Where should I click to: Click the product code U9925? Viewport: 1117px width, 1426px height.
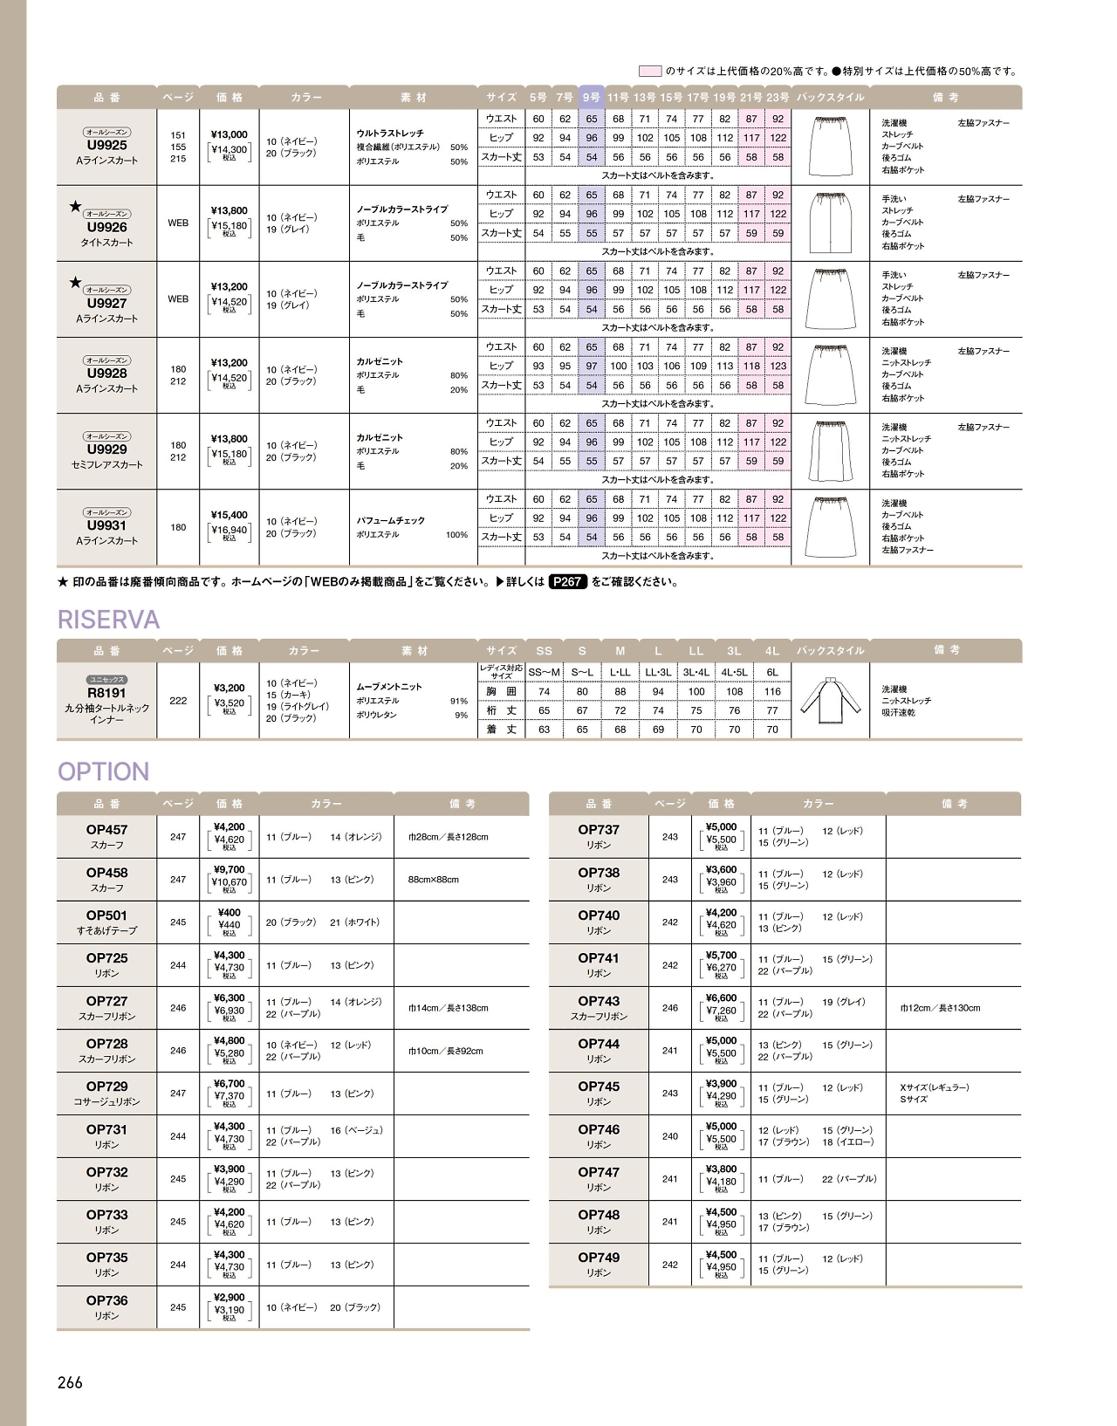point(106,146)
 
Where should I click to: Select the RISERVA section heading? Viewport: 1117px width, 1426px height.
point(108,620)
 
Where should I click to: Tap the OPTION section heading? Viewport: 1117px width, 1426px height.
point(103,771)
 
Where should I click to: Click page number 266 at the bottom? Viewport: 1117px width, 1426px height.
point(70,1382)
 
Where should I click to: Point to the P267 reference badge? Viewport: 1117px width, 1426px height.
point(567,581)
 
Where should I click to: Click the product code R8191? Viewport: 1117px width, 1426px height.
point(106,693)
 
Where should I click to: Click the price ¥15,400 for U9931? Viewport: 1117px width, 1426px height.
point(229,515)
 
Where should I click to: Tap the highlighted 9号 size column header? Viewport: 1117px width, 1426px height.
point(592,97)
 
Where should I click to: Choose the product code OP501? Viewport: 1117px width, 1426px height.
point(106,915)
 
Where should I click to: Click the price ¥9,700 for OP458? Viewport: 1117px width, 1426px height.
point(229,869)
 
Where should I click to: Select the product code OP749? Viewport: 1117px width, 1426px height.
point(599,1258)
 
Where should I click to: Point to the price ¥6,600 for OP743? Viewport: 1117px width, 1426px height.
point(721,998)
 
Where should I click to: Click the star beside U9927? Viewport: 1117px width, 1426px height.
point(75,282)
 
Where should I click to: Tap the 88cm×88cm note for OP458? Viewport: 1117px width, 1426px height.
point(433,880)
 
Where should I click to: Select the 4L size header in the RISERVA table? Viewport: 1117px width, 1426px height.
point(772,651)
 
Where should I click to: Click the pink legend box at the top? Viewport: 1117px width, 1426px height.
point(650,71)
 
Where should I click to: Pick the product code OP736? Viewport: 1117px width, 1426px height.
point(106,1300)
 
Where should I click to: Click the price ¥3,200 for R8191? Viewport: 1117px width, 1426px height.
point(229,688)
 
